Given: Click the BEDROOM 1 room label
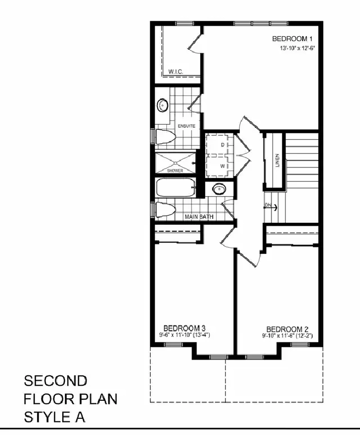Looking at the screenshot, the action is (294, 39).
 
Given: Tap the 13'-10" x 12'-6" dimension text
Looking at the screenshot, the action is (298, 48).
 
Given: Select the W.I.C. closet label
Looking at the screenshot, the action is (175, 71).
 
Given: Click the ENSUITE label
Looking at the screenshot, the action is (187, 126).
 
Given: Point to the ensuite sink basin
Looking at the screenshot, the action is (162, 106).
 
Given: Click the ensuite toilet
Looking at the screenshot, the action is (165, 137).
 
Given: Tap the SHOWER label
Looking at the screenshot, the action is (175, 170).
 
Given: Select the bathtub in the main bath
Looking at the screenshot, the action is (176, 188).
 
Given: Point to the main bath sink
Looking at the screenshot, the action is (219, 189).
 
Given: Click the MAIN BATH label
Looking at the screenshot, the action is (199, 216).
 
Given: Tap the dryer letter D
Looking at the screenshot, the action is (222, 145).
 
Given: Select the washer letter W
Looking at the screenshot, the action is (222, 166).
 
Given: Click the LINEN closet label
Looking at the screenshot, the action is (277, 160).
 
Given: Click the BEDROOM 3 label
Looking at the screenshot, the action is (185, 328).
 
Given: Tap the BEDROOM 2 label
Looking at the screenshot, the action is (287, 329).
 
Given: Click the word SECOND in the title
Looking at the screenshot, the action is (55, 381).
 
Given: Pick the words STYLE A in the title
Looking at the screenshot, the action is (54, 417).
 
